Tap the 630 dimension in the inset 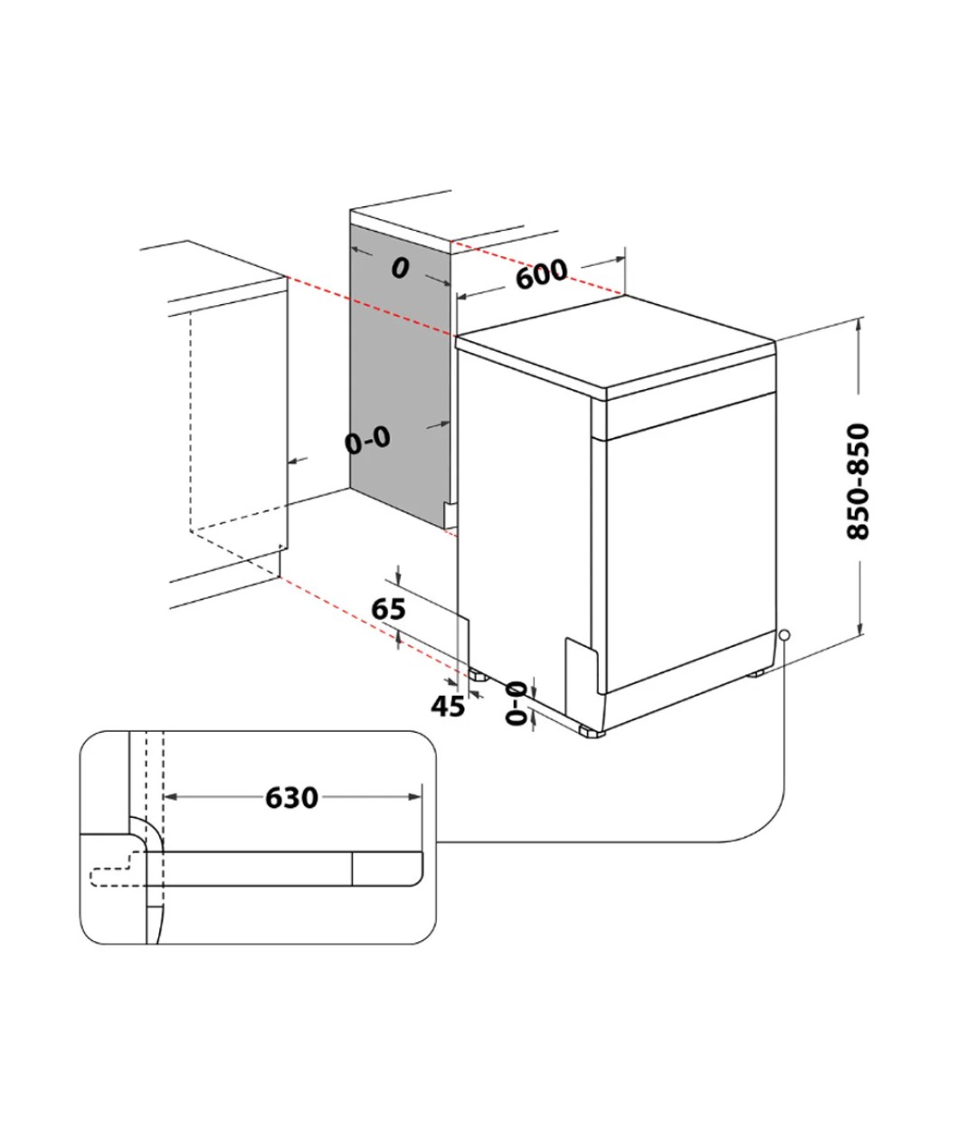point(291,797)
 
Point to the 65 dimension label point(389,610)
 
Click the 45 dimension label point(447,706)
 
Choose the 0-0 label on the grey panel point(367,441)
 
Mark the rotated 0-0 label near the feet point(516,703)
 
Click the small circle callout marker point(783,635)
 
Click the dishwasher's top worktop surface point(615,344)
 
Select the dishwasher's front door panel point(688,543)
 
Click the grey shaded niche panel point(398,380)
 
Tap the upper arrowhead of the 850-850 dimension point(859,325)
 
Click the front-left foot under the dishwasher point(475,674)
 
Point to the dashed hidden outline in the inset point(113,873)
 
